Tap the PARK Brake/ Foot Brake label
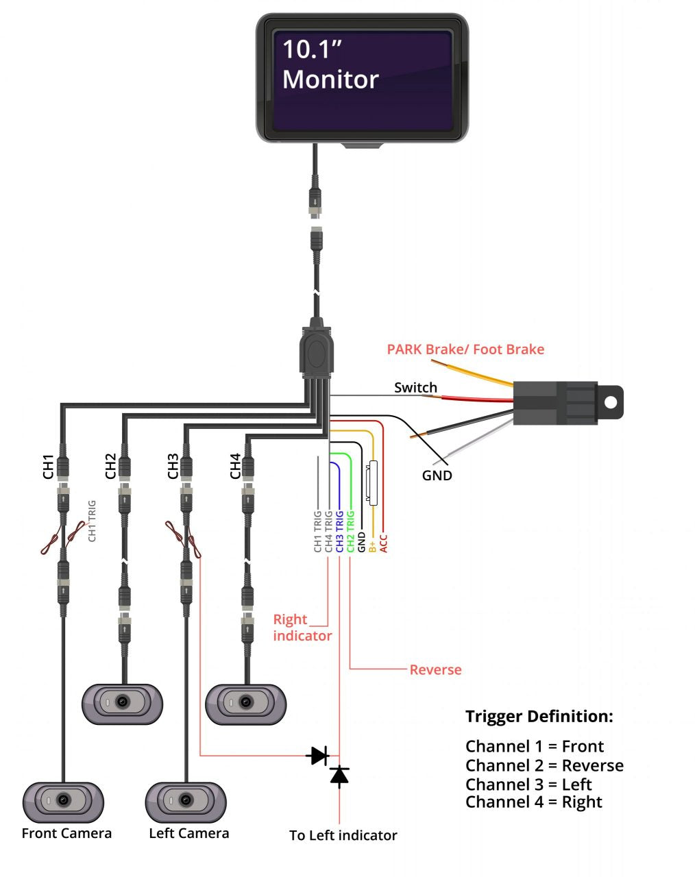[x=465, y=349]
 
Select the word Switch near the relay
[x=415, y=388]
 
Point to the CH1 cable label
[x=48, y=466]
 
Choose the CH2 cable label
[x=110, y=466]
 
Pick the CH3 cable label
[x=173, y=466]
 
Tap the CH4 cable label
[x=235, y=466]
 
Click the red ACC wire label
[x=384, y=543]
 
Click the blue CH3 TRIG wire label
[x=340, y=531]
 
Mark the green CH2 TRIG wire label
[x=350, y=531]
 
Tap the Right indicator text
[x=302, y=628]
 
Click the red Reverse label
[x=435, y=670]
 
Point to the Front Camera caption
[x=66, y=834]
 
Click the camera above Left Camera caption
[x=186, y=800]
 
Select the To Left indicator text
[x=343, y=836]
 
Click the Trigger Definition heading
[x=539, y=717]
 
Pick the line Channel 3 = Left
[x=528, y=785]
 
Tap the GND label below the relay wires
[x=437, y=475]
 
